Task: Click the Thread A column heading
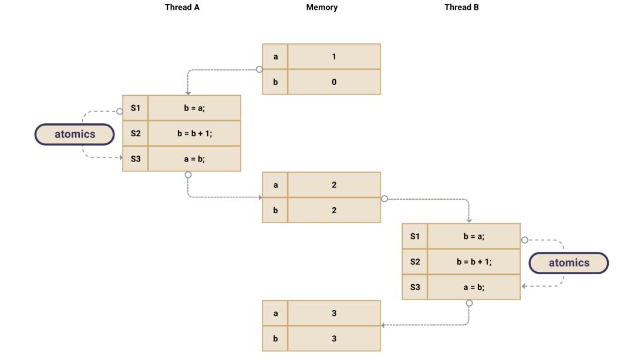click(x=181, y=8)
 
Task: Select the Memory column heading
click(x=322, y=8)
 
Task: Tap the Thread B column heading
click(x=461, y=8)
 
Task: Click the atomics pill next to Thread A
click(x=75, y=134)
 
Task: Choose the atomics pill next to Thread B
click(x=568, y=263)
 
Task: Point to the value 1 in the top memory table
click(x=334, y=56)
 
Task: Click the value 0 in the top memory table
click(x=334, y=82)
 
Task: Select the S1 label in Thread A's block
click(x=136, y=108)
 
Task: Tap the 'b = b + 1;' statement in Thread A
click(x=194, y=134)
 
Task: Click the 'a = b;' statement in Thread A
click(x=194, y=159)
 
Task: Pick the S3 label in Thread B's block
click(x=415, y=287)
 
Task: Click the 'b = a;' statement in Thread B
click(x=474, y=236)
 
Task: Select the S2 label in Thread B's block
click(x=415, y=262)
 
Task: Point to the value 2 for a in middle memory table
click(x=334, y=185)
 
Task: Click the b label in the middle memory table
click(x=275, y=210)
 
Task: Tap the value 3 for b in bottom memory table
click(x=334, y=339)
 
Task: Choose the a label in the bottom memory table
click(x=275, y=313)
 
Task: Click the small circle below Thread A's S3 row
click(x=188, y=174)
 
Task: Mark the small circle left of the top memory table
click(x=259, y=69)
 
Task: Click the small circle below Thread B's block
click(x=468, y=303)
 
